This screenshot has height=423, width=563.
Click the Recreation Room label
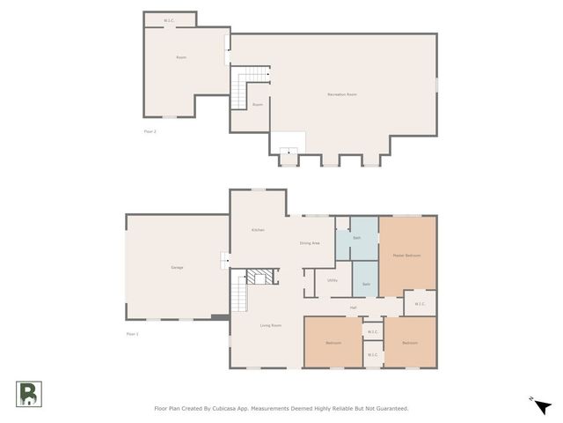point(341,94)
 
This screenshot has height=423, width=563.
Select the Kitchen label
point(258,230)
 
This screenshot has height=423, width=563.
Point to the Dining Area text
point(310,243)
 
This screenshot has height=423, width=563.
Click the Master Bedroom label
point(406,256)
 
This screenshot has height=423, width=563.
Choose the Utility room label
point(333,280)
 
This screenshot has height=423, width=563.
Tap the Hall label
point(353,308)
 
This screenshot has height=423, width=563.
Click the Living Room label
point(270,325)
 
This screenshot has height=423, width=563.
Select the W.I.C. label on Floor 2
point(170,20)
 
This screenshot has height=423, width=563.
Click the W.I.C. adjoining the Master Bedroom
point(420,304)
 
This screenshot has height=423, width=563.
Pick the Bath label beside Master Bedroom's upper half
point(357,238)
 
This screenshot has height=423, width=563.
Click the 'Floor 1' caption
point(132,334)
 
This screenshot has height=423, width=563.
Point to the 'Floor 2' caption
point(150,131)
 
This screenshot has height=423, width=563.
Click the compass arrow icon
point(543,405)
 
